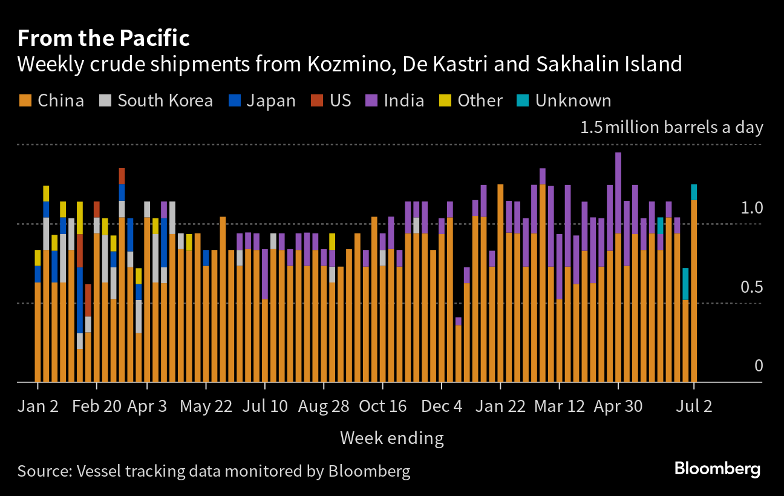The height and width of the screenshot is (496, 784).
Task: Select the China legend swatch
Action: pyautogui.click(x=25, y=100)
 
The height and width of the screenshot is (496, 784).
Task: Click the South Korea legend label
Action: pyautogui.click(x=165, y=100)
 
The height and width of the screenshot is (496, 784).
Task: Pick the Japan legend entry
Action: pyautogui.click(x=262, y=101)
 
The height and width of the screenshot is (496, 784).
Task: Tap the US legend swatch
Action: pyautogui.click(x=317, y=100)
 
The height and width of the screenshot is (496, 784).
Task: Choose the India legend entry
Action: pyautogui.click(x=394, y=100)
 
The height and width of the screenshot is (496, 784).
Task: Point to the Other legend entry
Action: pyautogui.click(x=471, y=100)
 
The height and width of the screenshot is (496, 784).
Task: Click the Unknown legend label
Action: pyautogui.click(x=573, y=100)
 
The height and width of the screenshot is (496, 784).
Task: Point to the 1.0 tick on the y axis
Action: pyautogui.click(x=751, y=208)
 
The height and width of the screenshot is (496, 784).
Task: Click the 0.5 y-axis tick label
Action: pyautogui.click(x=751, y=287)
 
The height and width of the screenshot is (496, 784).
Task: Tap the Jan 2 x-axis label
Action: pyautogui.click(x=38, y=406)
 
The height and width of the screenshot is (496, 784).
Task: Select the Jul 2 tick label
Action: pyautogui.click(x=694, y=406)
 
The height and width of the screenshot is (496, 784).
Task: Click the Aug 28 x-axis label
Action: pyautogui.click(x=324, y=406)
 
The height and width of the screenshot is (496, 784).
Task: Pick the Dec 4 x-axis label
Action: pyautogui.click(x=442, y=406)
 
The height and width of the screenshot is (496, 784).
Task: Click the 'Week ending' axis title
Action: pyautogui.click(x=391, y=439)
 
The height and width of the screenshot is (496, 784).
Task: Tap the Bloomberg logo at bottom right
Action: pyautogui.click(x=717, y=469)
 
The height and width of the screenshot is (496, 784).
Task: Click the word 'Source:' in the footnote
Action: pyautogui.click(x=45, y=471)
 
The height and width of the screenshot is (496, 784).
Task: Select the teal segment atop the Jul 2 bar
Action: pyautogui.click(x=694, y=192)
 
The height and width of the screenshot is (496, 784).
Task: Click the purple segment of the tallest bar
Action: pyautogui.click(x=618, y=193)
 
